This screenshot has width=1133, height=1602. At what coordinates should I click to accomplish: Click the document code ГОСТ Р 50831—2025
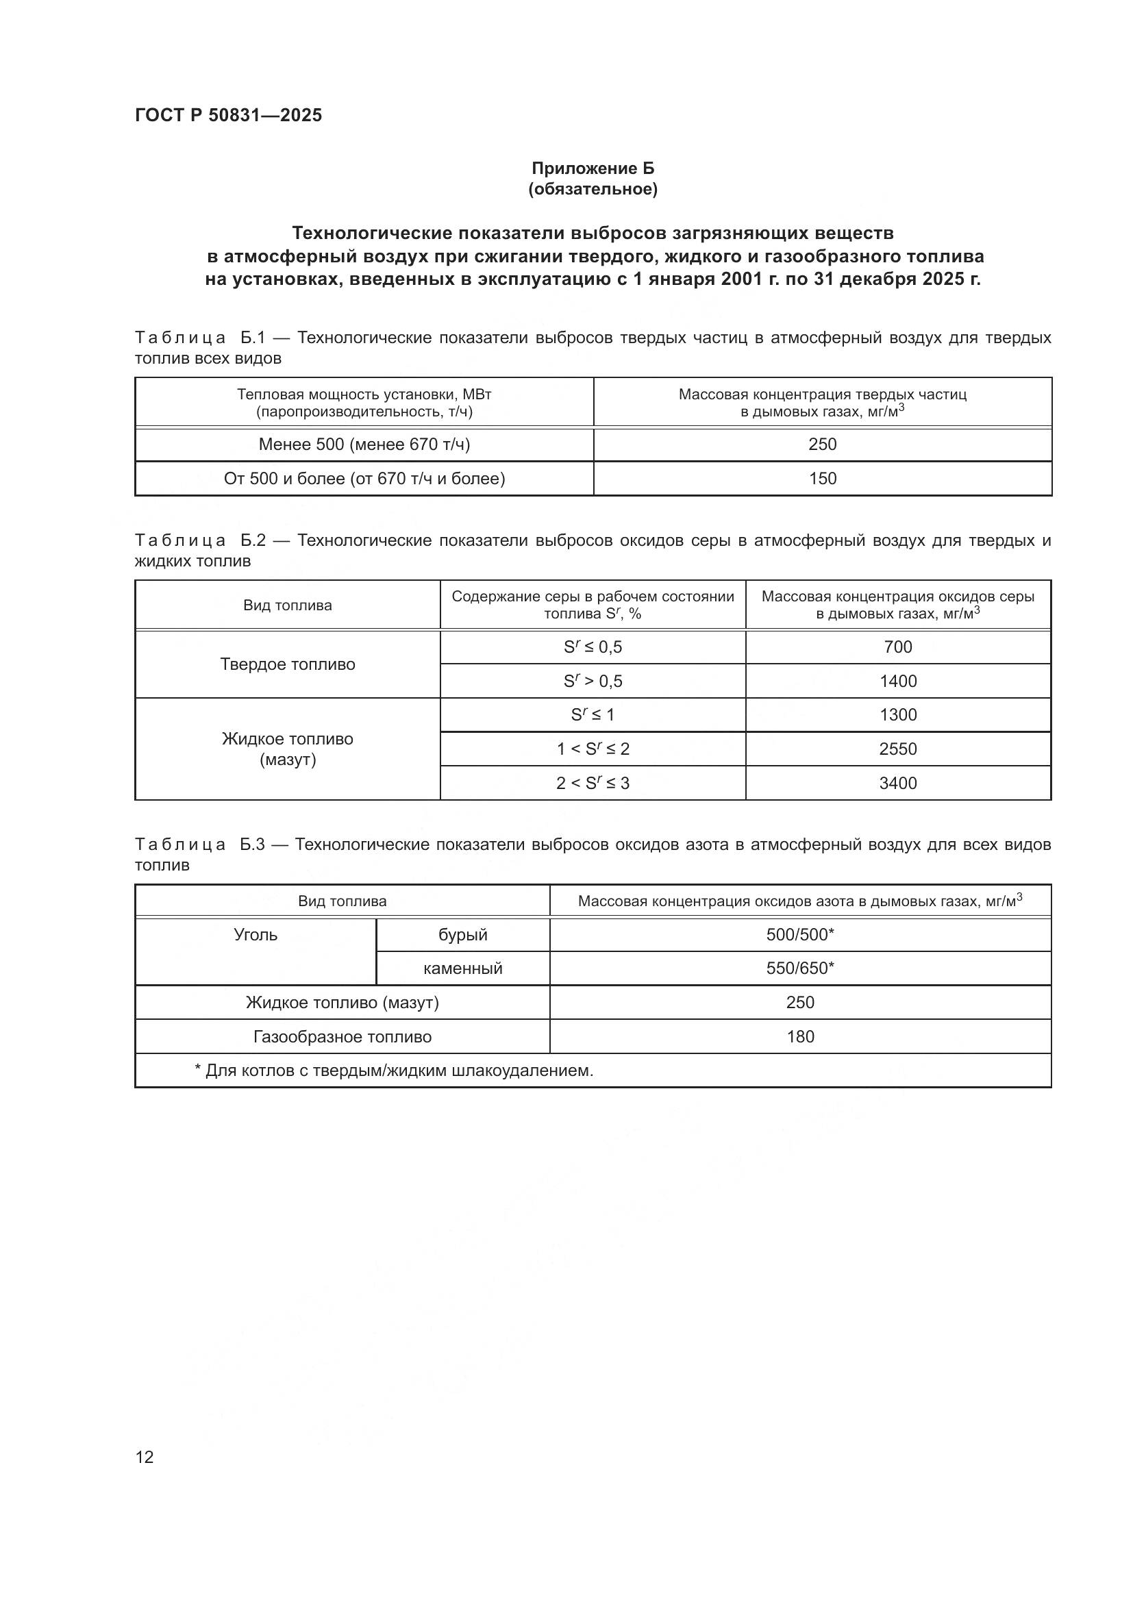click(x=228, y=115)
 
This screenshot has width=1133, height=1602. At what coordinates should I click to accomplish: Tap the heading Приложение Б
click(x=593, y=168)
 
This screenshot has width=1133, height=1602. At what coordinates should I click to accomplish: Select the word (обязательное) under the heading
click(x=593, y=189)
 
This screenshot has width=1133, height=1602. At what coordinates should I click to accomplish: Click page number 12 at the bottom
click(x=145, y=1457)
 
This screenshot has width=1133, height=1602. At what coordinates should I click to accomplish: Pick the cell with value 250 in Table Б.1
click(x=822, y=445)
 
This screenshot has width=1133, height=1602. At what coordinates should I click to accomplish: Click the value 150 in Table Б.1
click(x=822, y=479)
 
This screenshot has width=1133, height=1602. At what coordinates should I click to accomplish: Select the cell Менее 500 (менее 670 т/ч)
click(x=364, y=445)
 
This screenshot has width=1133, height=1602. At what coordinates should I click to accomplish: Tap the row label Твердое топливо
click(x=288, y=664)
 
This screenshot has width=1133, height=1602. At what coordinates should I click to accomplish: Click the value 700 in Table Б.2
click(x=897, y=647)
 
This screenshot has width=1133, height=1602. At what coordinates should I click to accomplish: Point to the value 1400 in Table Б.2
click(x=897, y=681)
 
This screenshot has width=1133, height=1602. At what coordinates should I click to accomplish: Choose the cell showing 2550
click(x=897, y=749)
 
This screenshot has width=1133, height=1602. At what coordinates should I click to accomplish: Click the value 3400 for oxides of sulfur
click(x=897, y=783)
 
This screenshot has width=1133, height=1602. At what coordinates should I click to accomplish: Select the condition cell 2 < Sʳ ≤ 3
click(x=593, y=783)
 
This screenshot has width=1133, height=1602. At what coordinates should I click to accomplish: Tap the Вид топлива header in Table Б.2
click(x=288, y=605)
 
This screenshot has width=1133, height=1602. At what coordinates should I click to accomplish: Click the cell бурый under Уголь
click(x=462, y=935)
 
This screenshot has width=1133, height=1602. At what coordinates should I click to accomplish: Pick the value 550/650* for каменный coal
click(x=799, y=968)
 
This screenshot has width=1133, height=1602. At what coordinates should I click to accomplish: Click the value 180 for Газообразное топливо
click(x=799, y=1036)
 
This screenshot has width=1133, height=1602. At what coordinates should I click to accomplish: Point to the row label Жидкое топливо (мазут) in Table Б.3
click(x=342, y=1003)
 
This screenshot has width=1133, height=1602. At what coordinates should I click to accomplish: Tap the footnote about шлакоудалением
click(x=394, y=1071)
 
